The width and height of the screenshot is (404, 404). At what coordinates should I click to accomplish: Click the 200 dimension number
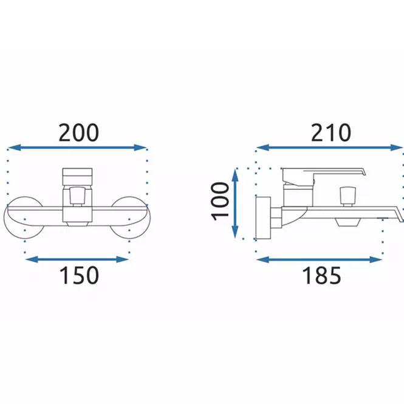tap(78, 132)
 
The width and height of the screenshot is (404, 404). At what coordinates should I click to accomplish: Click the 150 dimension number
tap(79, 275)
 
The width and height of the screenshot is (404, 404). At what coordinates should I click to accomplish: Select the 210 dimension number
tap(331, 132)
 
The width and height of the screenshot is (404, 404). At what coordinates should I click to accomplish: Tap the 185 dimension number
tap(321, 275)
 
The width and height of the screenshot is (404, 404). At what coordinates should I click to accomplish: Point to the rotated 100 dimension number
tap(221, 201)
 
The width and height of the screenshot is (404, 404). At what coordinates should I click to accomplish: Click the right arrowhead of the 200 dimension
tap(140, 148)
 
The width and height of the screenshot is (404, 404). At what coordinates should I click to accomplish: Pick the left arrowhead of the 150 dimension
tap(32, 259)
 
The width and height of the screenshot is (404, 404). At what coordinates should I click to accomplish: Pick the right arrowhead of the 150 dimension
tap(122, 259)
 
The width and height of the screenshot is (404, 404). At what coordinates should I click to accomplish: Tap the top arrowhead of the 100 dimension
tap(235, 174)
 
